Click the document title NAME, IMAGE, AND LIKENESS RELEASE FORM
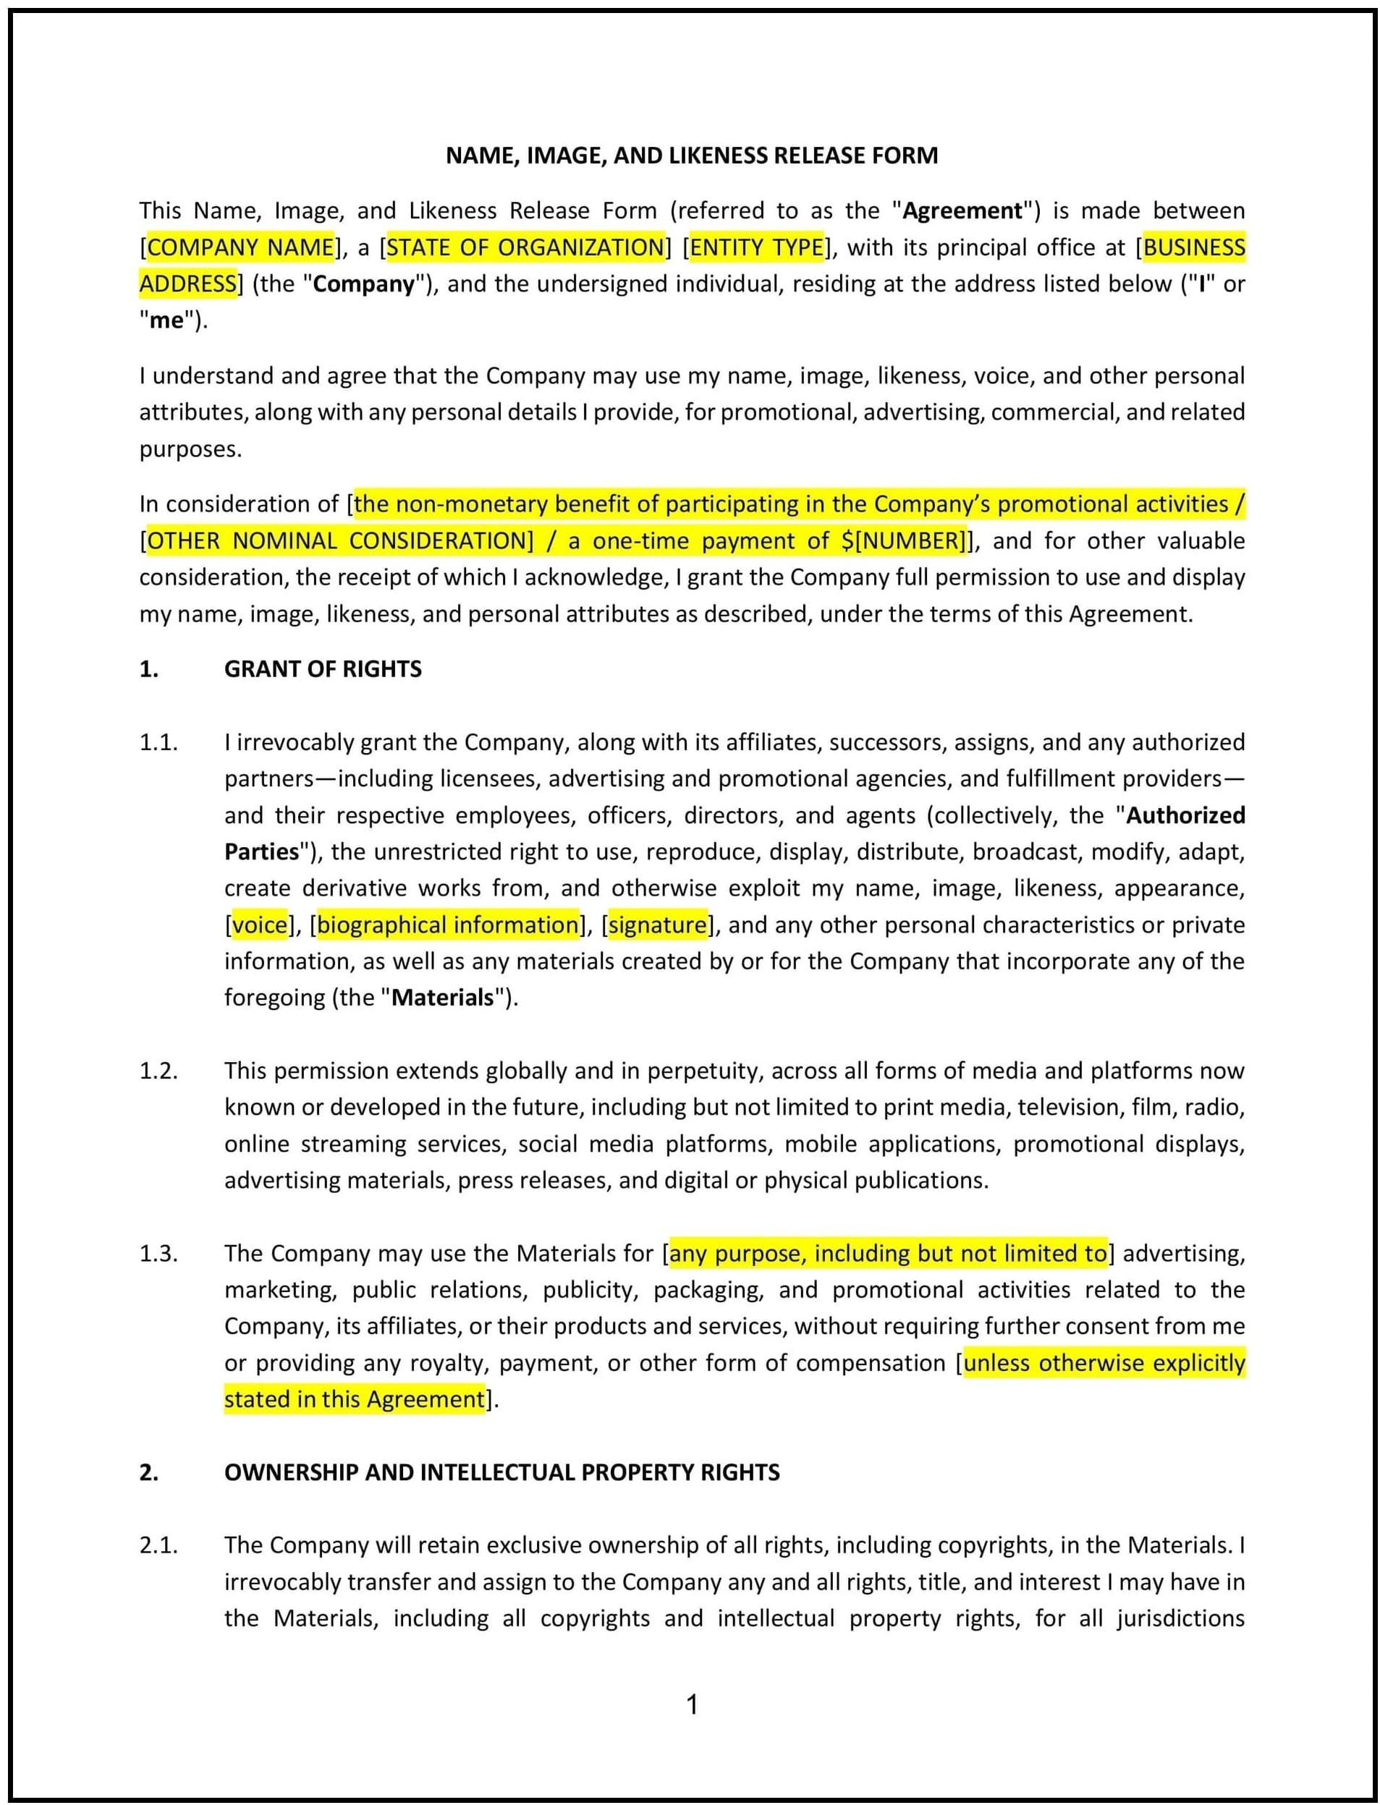pos(691,156)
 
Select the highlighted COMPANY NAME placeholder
pos(240,247)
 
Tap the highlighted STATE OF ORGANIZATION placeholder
pos(525,247)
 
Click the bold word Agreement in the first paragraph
pos(962,211)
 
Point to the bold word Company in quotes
pos(364,284)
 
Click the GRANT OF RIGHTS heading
pos(323,669)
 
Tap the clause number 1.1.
pos(158,742)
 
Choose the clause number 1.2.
pos(158,1071)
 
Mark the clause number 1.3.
pos(158,1253)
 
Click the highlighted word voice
pos(260,925)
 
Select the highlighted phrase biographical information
pos(448,925)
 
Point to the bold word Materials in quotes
pos(443,998)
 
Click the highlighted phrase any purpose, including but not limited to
pos(888,1253)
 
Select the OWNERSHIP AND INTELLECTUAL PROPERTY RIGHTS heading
pos(502,1472)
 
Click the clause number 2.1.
pos(158,1545)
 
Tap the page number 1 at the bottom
pos(692,1705)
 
